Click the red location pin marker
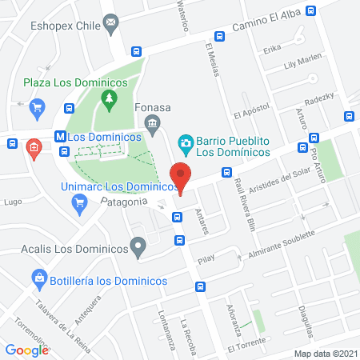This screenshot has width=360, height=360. click(x=182, y=177)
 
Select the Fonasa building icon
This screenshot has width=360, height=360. click(x=151, y=122)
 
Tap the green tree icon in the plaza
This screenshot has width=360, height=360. click(x=109, y=99)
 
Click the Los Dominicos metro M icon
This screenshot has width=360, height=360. click(x=61, y=136)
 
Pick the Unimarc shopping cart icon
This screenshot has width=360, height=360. click(x=78, y=202)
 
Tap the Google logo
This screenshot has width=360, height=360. click(x=27, y=350)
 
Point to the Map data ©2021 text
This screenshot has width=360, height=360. click(x=326, y=353)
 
